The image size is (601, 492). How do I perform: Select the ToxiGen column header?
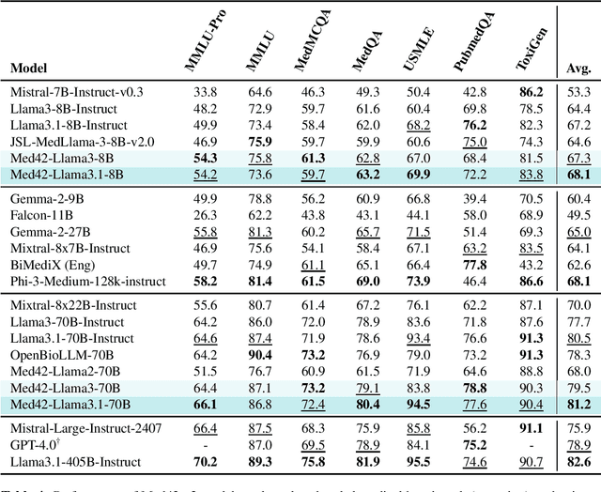532,45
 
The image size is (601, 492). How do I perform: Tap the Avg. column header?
579,69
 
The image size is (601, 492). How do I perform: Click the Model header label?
30,69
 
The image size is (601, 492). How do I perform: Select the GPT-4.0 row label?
35,444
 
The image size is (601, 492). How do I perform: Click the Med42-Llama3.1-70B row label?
70,404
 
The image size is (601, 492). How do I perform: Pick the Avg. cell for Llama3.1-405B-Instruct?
579,462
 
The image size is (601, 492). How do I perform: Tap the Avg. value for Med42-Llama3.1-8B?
579,175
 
